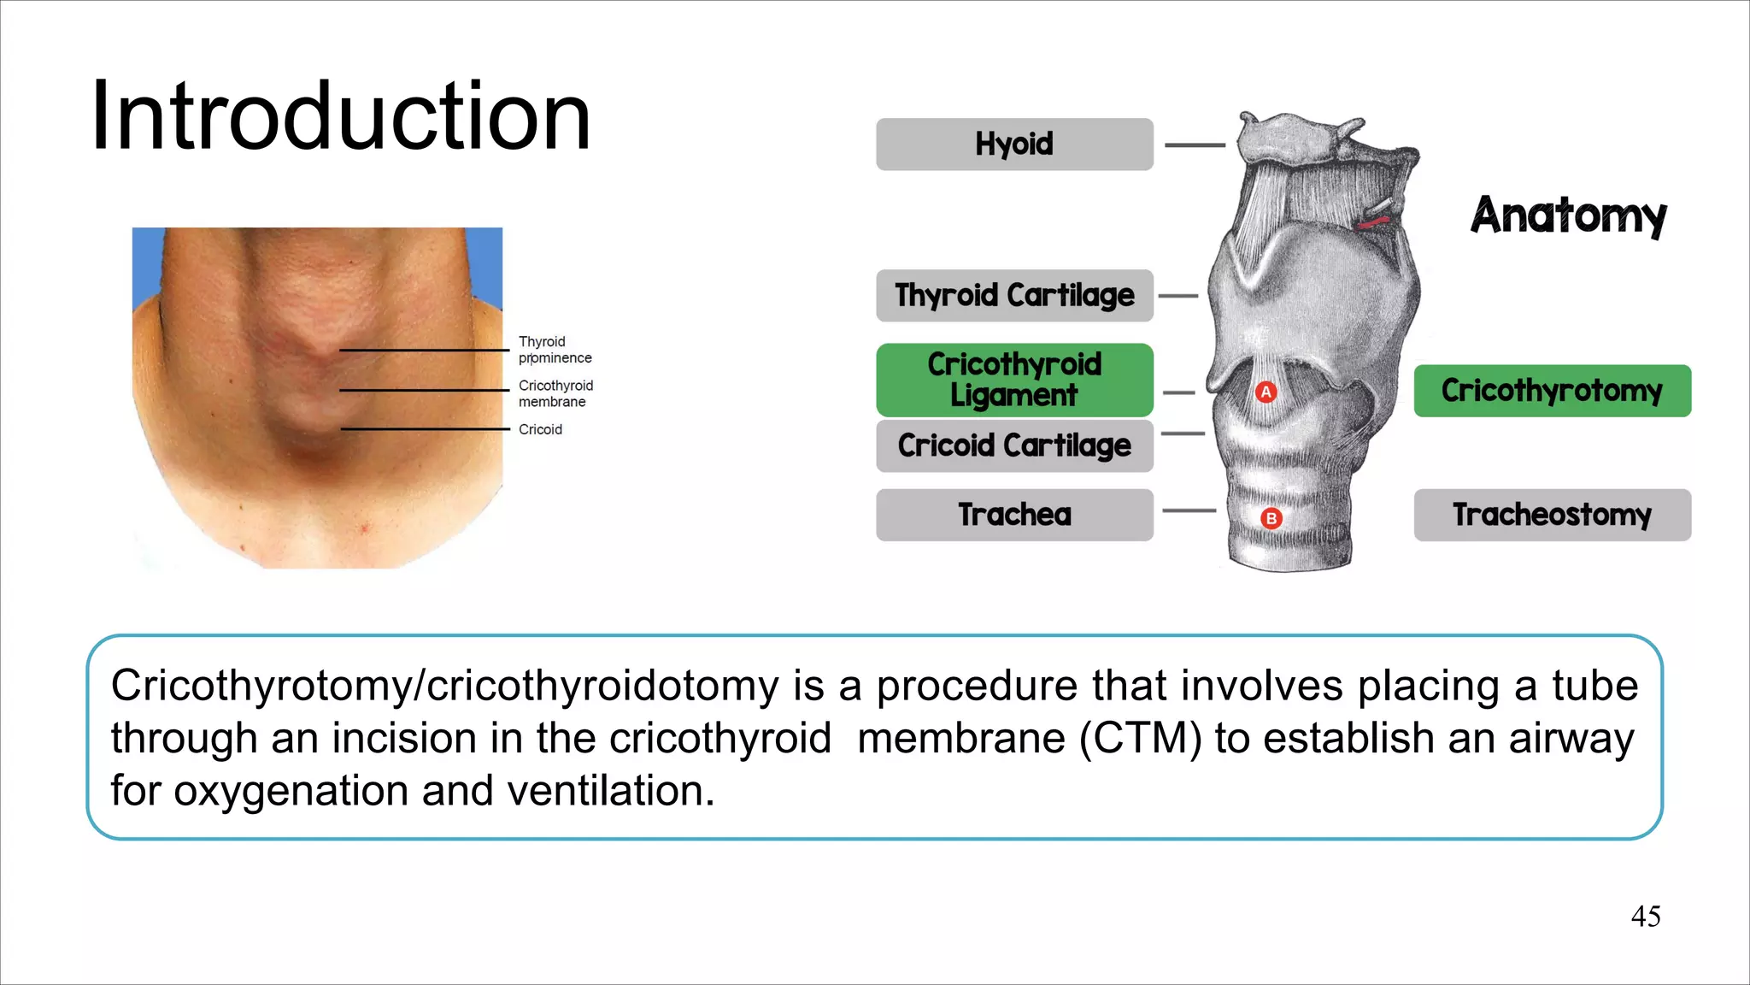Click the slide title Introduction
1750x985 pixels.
pyautogui.click(x=340, y=116)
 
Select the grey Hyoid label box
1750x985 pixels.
pyautogui.click(x=1014, y=145)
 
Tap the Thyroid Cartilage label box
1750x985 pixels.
pyautogui.click(x=1014, y=296)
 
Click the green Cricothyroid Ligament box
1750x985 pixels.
pyautogui.click(x=1014, y=380)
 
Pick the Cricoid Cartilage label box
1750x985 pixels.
pyautogui.click(x=1014, y=445)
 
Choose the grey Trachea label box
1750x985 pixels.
pyautogui.click(x=1014, y=515)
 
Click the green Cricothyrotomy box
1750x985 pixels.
pyautogui.click(x=1552, y=391)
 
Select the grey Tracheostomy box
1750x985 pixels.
pyautogui.click(x=1552, y=515)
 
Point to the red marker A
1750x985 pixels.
pyautogui.click(x=1266, y=392)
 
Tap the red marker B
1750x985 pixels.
pyautogui.click(x=1271, y=518)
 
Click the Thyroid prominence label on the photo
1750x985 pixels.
pyautogui.click(x=555, y=350)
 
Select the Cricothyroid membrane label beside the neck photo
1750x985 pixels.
pyautogui.click(x=555, y=393)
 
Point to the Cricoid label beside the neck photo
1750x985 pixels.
pyautogui.click(x=540, y=429)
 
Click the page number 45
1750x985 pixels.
pyautogui.click(x=1646, y=917)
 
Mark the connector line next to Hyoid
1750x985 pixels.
pyautogui.click(x=1195, y=145)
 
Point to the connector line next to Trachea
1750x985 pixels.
pyautogui.click(x=1189, y=511)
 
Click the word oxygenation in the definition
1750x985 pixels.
pyautogui.click(x=291, y=791)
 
